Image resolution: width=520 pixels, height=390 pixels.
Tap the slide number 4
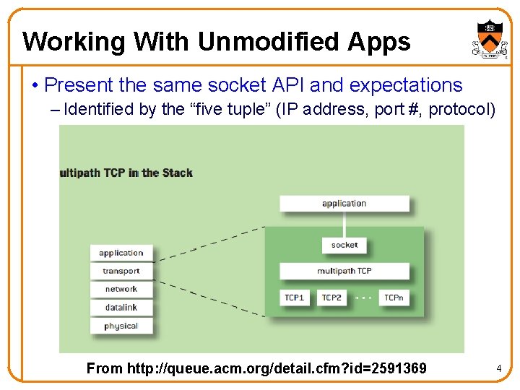coord(498,369)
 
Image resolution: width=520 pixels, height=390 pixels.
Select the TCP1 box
coord(295,297)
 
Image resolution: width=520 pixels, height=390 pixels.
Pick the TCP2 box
coord(332,297)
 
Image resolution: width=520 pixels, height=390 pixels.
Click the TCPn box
coord(394,297)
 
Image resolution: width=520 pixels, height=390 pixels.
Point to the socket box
coord(344,245)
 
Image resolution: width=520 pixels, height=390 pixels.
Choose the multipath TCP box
coord(344,271)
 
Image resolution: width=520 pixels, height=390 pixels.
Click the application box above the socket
coord(344,204)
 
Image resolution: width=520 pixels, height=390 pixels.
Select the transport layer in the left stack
coord(121,271)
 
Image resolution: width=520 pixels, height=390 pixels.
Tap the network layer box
coord(121,289)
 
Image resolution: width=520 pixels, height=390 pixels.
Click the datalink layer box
coord(121,307)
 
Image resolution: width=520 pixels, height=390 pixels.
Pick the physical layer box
coord(121,326)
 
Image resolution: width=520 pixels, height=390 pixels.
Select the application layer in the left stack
coord(121,253)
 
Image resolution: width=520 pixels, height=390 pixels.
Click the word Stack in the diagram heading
coord(178,173)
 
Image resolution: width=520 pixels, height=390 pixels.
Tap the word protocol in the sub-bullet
coord(459,109)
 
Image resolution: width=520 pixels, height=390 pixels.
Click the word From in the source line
coord(105,368)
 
